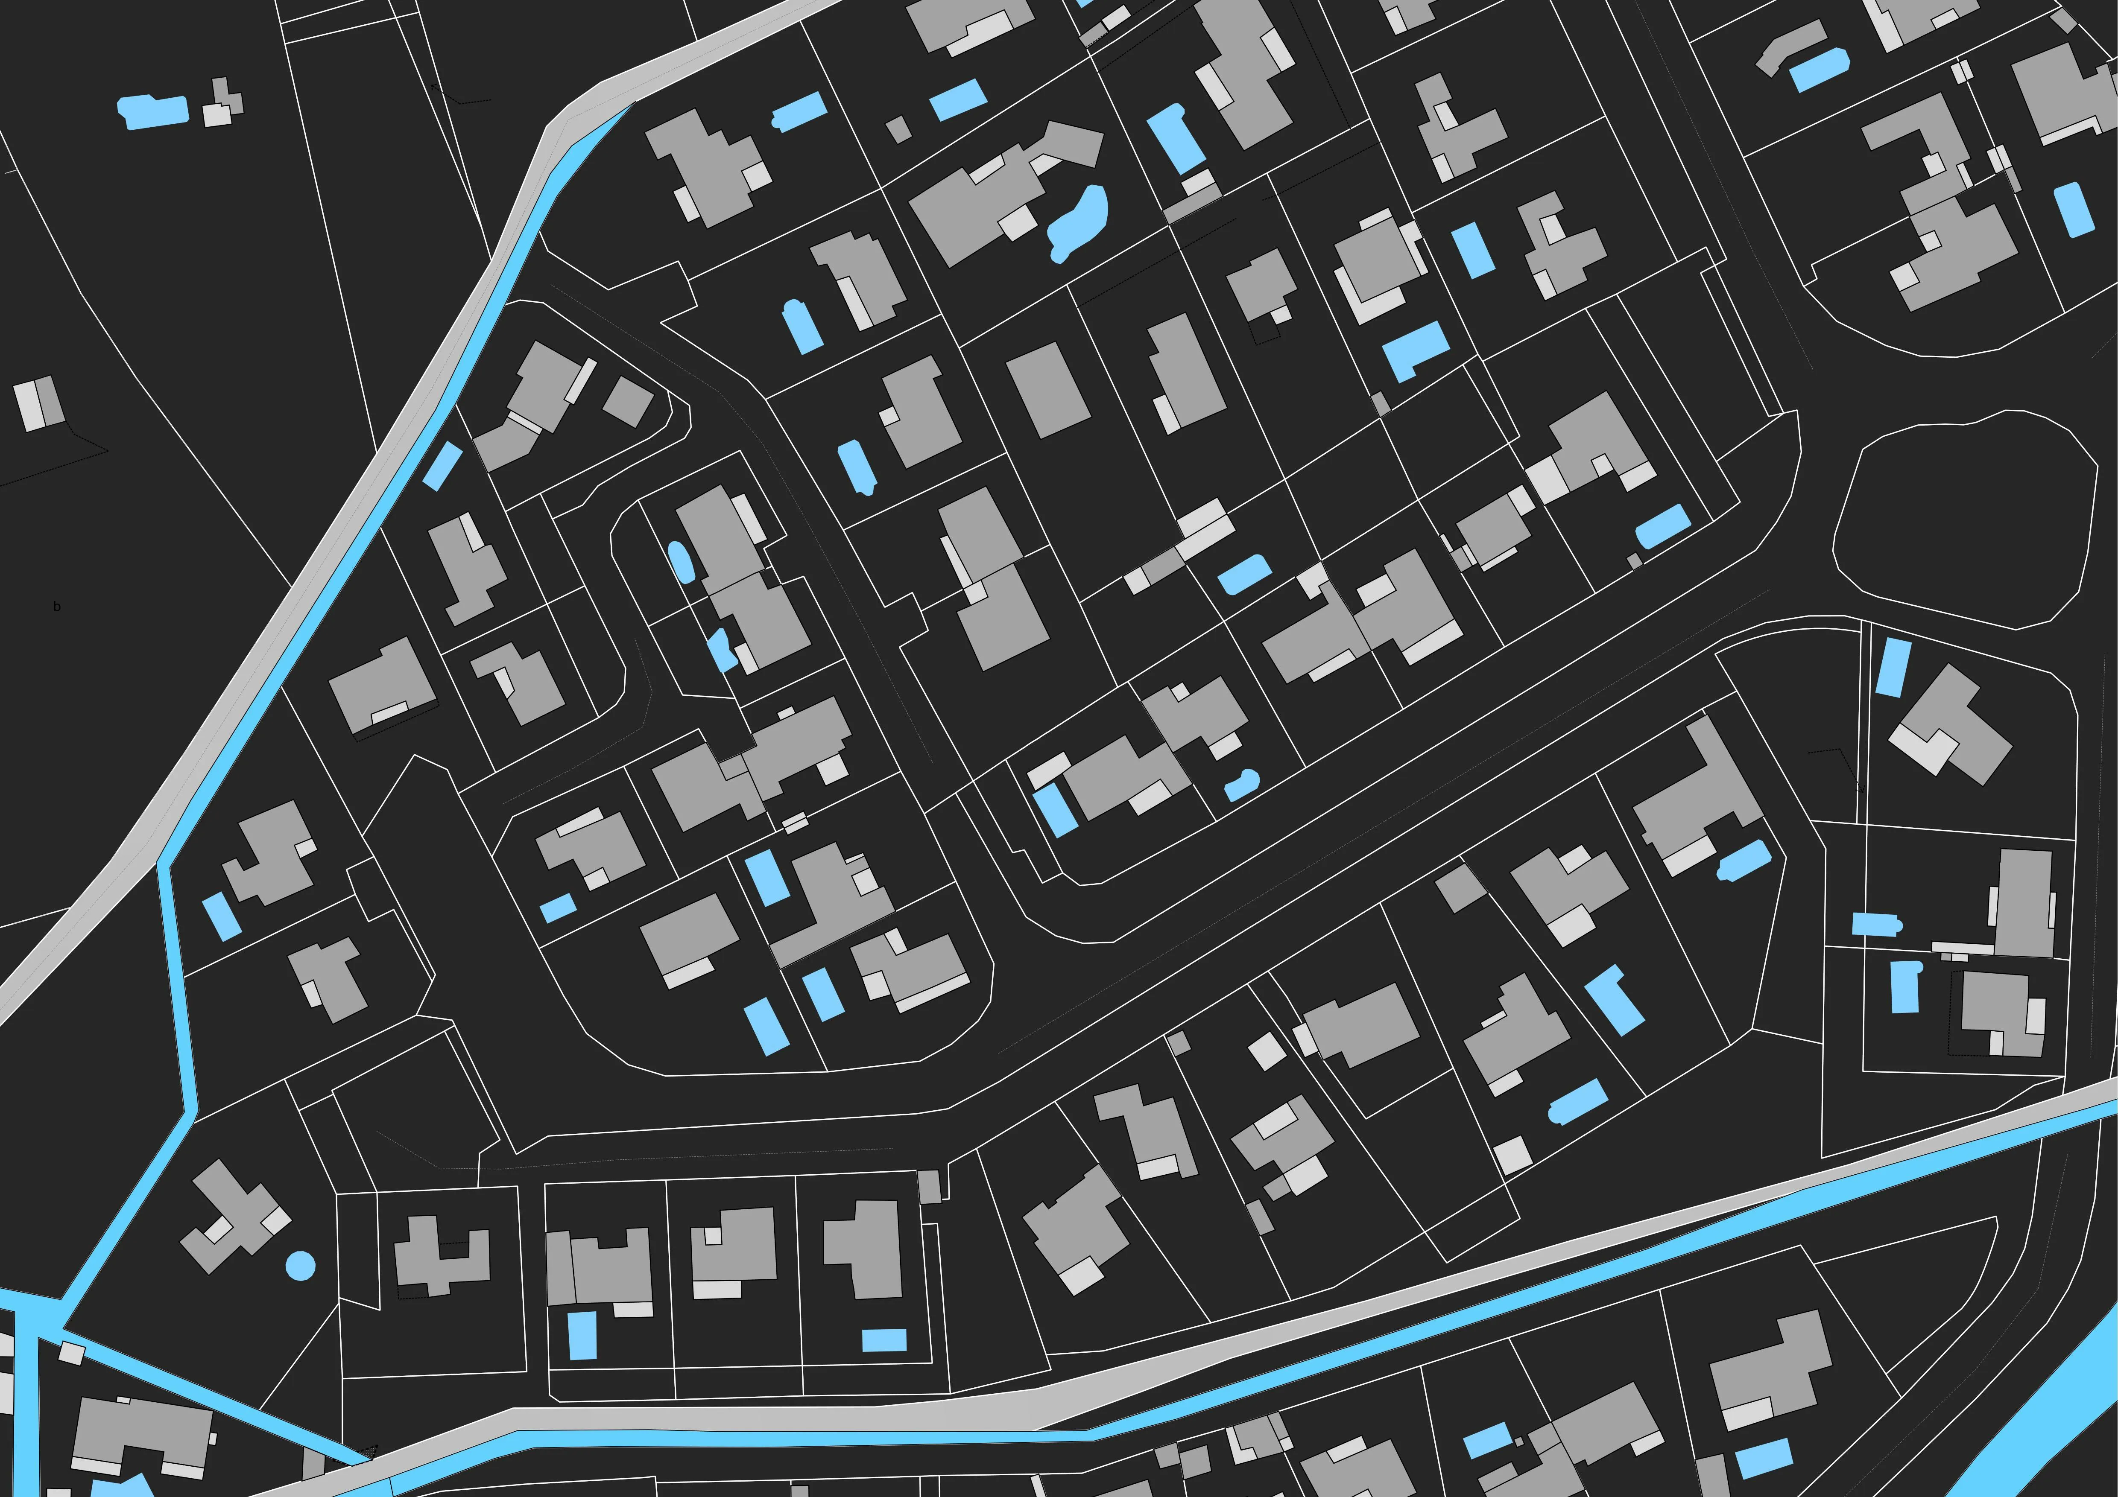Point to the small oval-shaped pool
(679, 560)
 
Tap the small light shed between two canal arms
(71, 1353)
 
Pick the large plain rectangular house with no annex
(1048, 389)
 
